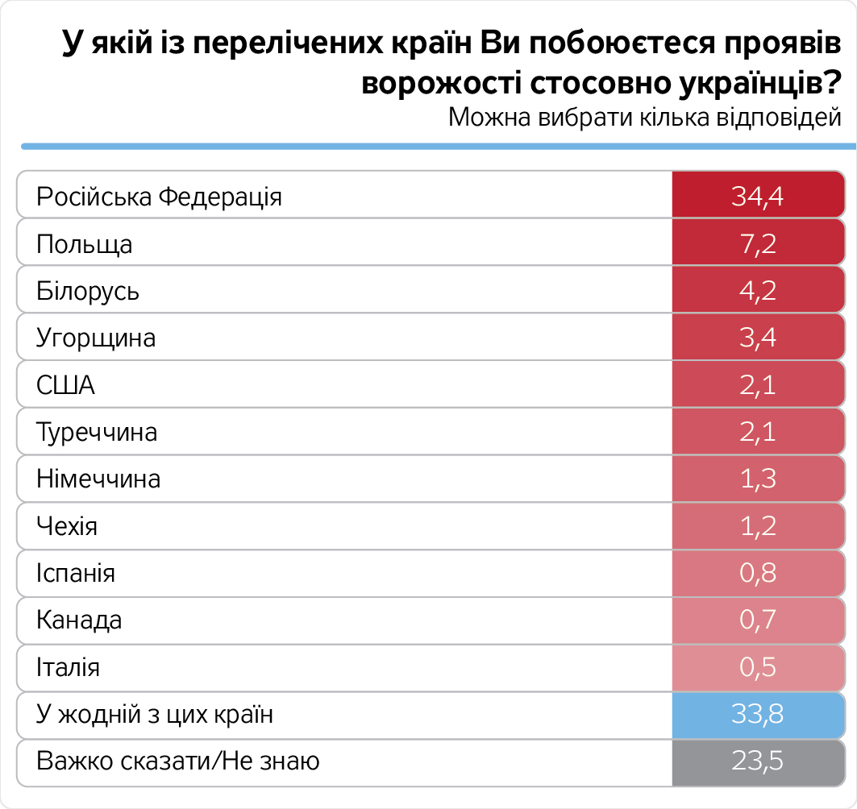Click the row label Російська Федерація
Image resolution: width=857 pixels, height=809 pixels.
point(160,197)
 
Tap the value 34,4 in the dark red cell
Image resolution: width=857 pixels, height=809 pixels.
point(757,196)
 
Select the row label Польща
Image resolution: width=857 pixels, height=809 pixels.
point(85,244)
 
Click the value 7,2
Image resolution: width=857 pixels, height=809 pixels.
point(757,243)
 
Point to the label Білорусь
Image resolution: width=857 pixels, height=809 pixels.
point(88,291)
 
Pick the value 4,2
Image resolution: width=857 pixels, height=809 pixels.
point(757,290)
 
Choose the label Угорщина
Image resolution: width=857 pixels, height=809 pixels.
point(96,338)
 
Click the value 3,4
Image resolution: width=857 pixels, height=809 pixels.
point(757,338)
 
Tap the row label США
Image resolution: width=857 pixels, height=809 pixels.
point(66,385)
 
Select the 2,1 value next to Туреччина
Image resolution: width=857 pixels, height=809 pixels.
point(757,432)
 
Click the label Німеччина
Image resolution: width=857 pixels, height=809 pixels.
point(98,479)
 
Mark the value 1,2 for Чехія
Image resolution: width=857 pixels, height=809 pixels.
point(757,526)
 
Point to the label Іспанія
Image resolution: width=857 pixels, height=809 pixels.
point(76,574)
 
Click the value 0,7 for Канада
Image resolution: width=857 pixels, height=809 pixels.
point(757,620)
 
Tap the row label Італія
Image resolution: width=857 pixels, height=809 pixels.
point(69,668)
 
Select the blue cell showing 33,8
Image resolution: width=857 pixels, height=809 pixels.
point(757,715)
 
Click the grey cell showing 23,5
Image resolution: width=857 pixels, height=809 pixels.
point(757,761)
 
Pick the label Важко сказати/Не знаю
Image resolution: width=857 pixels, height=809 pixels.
point(178,761)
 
